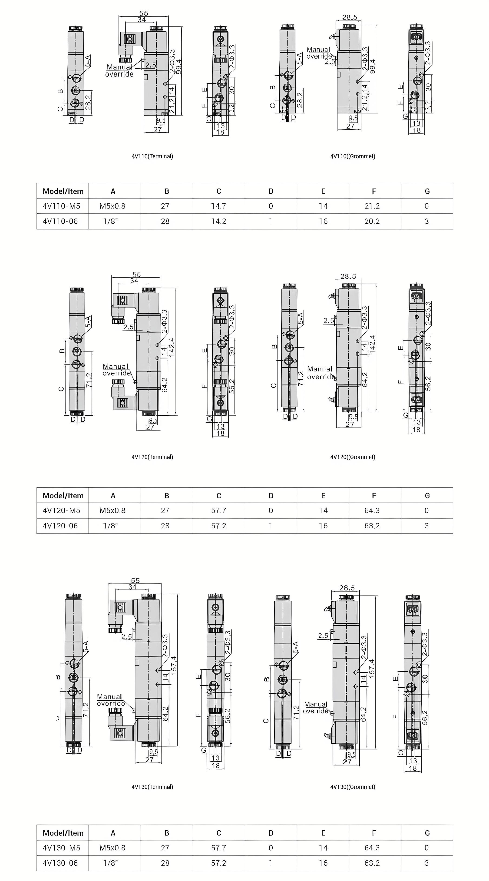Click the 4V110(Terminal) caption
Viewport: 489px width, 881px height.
[x=152, y=156]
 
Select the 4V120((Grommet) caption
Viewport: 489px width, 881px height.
[x=353, y=457]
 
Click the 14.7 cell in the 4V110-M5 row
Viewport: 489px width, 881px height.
[x=218, y=206]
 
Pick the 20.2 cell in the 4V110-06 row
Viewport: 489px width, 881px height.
[x=372, y=221]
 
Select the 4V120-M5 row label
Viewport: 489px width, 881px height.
[x=62, y=510]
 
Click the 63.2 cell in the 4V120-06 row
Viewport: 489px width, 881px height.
[x=372, y=526]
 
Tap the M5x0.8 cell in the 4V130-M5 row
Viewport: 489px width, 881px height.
[x=112, y=848]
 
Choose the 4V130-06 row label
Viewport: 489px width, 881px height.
[x=60, y=863]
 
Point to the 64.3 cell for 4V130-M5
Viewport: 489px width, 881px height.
[x=372, y=848]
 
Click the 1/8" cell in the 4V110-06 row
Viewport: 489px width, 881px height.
[x=110, y=221]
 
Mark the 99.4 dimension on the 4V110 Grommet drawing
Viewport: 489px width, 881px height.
[x=373, y=66]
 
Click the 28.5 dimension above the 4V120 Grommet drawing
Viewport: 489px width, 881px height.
[x=348, y=276]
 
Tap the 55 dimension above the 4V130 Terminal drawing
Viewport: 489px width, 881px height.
[x=135, y=580]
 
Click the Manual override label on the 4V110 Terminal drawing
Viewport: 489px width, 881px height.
[x=119, y=70]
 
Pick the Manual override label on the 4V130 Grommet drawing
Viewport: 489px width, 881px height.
[x=315, y=708]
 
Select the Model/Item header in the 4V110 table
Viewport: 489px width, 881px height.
[x=63, y=191]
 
